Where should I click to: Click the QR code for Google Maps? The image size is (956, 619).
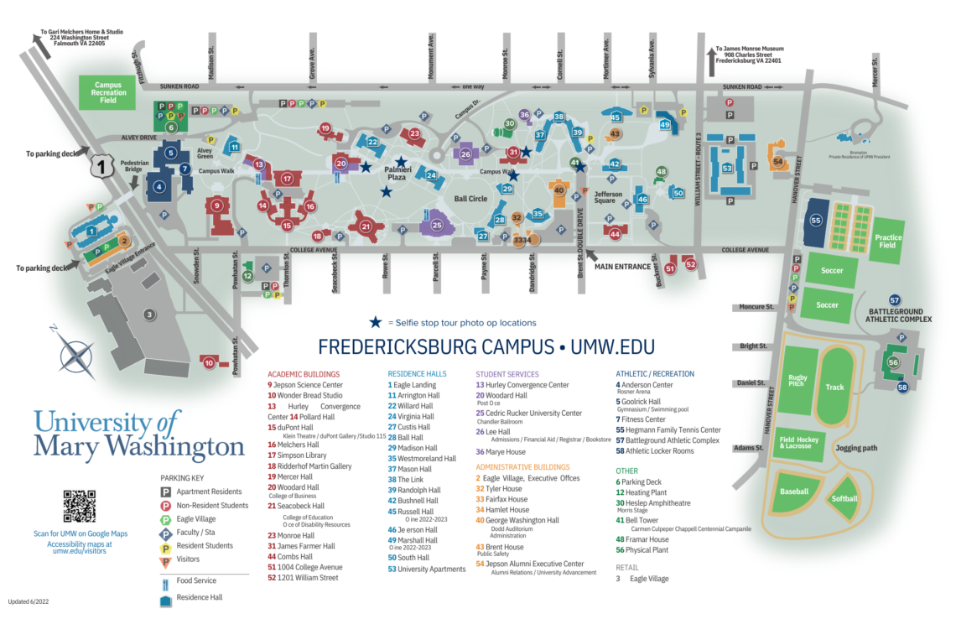80,506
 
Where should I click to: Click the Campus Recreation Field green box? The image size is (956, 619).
109,93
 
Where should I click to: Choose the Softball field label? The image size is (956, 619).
844,498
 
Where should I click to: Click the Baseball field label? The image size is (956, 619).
793,492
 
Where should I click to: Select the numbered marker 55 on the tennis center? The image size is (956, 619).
816,221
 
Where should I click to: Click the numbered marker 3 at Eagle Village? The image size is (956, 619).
149,315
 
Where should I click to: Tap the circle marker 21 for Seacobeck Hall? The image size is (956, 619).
366,226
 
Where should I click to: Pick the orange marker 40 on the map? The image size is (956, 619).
559,190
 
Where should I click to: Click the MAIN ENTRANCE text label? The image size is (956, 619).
622,267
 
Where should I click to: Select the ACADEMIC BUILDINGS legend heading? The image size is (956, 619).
303,374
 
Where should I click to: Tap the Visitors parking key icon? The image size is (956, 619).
166,559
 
